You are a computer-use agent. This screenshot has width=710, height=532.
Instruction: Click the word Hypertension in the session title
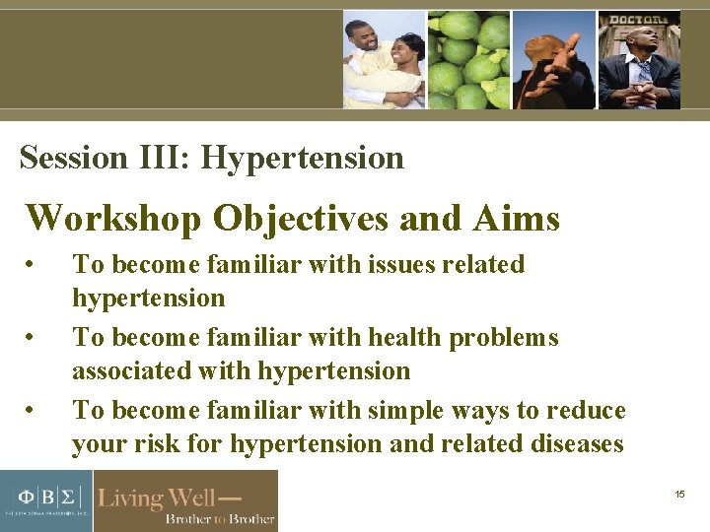point(303,159)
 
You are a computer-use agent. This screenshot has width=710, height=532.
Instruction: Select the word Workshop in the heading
point(114,218)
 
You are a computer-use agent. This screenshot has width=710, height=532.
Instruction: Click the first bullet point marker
point(33,265)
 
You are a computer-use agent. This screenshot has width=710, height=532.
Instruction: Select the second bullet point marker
point(33,338)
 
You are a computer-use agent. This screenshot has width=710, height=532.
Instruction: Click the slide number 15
point(679,494)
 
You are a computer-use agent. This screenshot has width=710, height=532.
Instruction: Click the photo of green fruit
point(468,59)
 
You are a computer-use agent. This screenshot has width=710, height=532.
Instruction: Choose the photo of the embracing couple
point(385,59)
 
